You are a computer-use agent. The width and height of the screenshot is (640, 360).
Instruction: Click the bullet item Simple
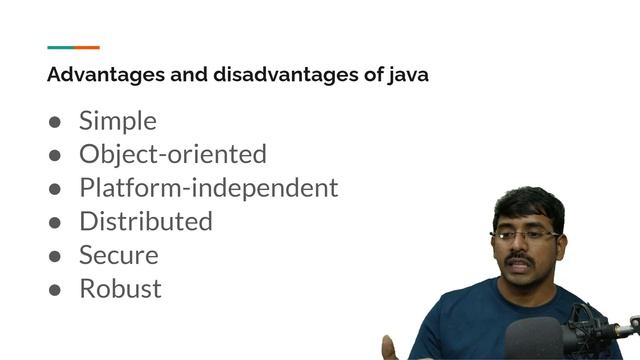tap(117, 121)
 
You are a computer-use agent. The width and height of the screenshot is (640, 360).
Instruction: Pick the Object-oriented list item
tap(172, 155)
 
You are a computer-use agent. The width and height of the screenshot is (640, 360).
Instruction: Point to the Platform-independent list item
tap(208, 188)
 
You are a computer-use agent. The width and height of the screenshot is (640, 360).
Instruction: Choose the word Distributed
tap(145, 221)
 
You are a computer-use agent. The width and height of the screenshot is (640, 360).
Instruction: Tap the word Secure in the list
tap(118, 255)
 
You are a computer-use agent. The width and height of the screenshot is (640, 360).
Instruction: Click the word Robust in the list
tap(120, 289)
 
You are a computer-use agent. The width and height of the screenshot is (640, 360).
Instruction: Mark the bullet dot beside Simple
tap(56, 122)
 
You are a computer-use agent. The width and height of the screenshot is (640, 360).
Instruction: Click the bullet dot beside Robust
tap(56, 290)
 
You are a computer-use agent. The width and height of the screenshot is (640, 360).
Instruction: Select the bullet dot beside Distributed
tap(56, 222)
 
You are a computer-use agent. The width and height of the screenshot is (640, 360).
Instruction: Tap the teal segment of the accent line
tap(60, 47)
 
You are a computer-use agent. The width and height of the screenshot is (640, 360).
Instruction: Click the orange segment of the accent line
tap(87, 47)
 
